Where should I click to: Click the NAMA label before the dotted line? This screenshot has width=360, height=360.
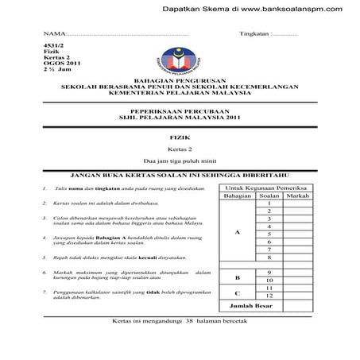pos(52,34)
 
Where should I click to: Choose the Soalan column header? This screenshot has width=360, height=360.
pos(270,195)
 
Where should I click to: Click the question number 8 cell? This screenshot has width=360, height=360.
pos(270,257)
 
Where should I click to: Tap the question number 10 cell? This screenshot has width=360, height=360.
pos(270,280)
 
